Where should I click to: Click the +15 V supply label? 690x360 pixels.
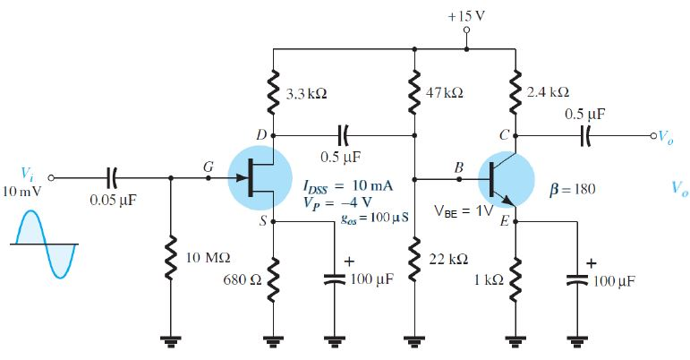[465, 16]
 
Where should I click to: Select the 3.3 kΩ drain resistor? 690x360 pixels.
[272, 93]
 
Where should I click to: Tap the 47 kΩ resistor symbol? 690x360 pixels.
[414, 93]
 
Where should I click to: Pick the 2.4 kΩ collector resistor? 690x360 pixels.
[515, 93]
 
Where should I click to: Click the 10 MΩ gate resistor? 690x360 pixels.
[169, 261]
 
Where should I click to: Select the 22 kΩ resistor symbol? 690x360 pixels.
[414, 261]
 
